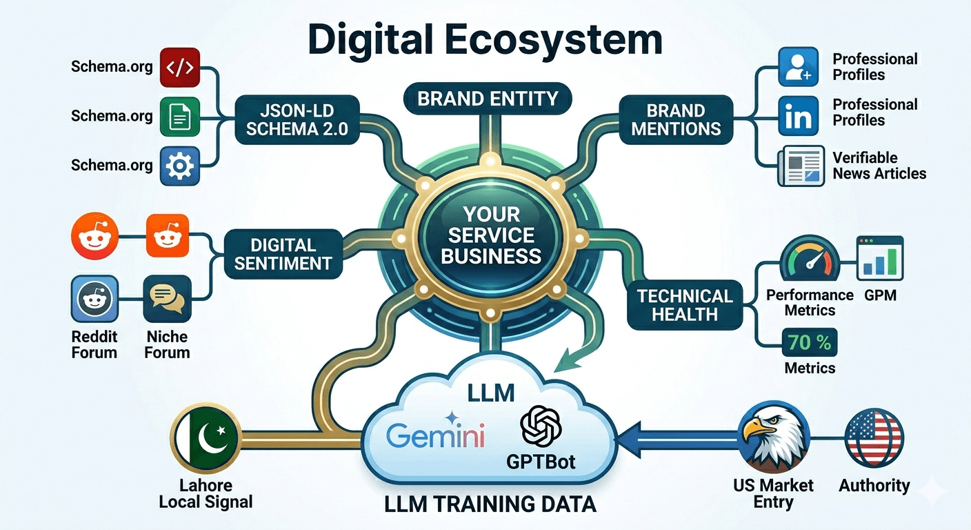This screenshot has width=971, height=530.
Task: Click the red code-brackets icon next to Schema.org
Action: pos(179,67)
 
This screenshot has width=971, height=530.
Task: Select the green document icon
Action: pos(179,117)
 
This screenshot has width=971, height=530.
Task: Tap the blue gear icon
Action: pos(179,166)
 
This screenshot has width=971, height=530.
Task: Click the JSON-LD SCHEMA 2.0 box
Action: pos(297,120)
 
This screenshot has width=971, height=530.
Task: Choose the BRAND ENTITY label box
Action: pos(488,98)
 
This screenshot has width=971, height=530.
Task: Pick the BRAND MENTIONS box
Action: pos(675,119)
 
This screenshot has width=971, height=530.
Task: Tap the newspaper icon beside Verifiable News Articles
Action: pos(800,166)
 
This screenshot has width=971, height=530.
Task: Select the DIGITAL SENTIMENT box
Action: pos(283,254)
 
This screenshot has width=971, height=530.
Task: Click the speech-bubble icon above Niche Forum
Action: pos(167,299)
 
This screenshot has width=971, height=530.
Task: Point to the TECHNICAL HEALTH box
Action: pos(684,305)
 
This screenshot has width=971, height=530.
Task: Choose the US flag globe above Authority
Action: pos(874,438)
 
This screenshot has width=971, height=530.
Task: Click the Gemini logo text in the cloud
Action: pos(435,436)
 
